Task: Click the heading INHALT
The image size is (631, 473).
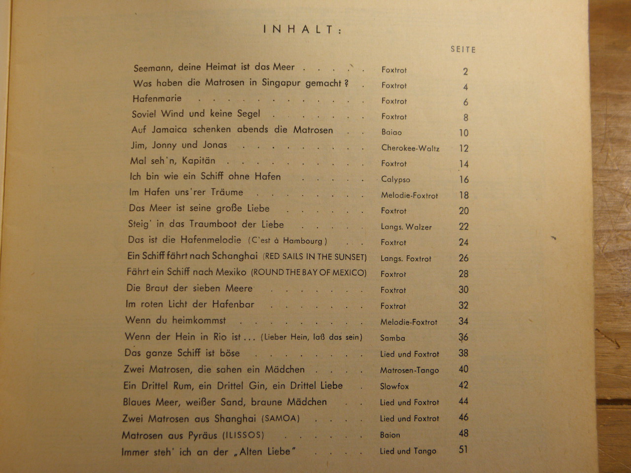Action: tap(302, 30)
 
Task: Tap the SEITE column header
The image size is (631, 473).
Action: tap(463, 49)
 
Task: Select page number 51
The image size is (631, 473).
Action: tap(463, 449)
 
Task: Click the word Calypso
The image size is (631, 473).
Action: tap(395, 179)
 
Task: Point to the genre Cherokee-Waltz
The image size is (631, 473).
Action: tap(410, 148)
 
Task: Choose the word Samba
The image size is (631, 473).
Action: tap(392, 338)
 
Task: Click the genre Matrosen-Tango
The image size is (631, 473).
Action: tap(409, 370)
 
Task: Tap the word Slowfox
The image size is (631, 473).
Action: tap(394, 386)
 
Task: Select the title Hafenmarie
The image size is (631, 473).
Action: tap(157, 98)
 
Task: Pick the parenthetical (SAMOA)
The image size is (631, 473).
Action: tap(281, 418)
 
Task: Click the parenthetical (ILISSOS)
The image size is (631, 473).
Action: tap(243, 435)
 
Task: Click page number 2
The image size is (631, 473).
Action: tap(465, 71)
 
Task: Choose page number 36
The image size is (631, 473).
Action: tap(463, 338)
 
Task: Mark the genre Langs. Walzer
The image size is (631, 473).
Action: tap(406, 227)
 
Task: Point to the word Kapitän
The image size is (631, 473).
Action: tap(198, 161)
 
